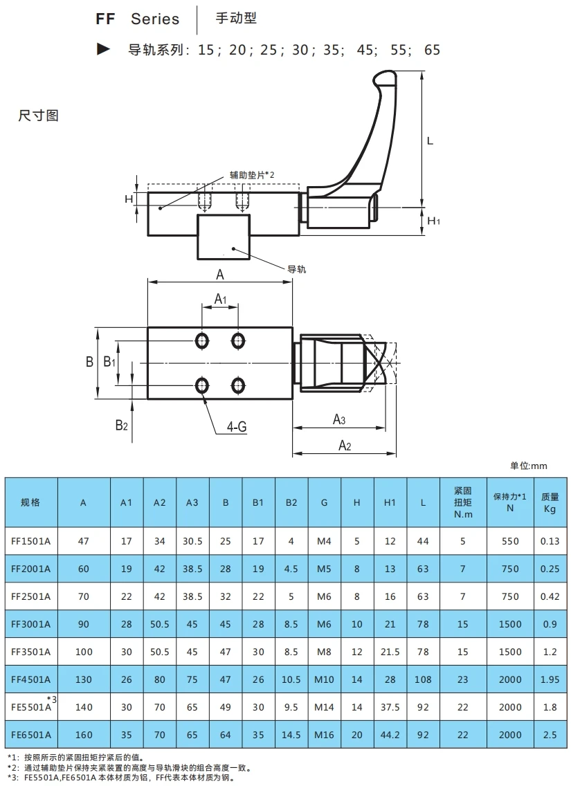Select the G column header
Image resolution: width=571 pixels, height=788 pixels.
324,503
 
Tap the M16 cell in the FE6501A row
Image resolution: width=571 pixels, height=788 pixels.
324,735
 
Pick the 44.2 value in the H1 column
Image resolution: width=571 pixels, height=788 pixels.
390,735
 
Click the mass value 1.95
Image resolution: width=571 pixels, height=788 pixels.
550,679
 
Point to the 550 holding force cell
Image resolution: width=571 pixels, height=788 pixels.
509,541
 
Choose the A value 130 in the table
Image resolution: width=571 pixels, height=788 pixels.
83,679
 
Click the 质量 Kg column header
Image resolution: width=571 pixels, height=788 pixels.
550,503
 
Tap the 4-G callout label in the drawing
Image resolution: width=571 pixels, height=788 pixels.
237,428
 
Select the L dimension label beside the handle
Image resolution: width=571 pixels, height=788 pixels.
430,141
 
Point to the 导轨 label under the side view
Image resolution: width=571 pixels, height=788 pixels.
296,269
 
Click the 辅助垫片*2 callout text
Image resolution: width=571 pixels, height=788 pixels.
253,175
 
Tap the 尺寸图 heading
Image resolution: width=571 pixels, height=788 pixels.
38,116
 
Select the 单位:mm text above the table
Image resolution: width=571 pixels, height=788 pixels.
529,466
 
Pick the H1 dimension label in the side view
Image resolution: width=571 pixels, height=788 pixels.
433,221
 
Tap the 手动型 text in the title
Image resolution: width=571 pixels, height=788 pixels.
236,19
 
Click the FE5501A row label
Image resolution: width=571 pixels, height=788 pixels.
32,706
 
